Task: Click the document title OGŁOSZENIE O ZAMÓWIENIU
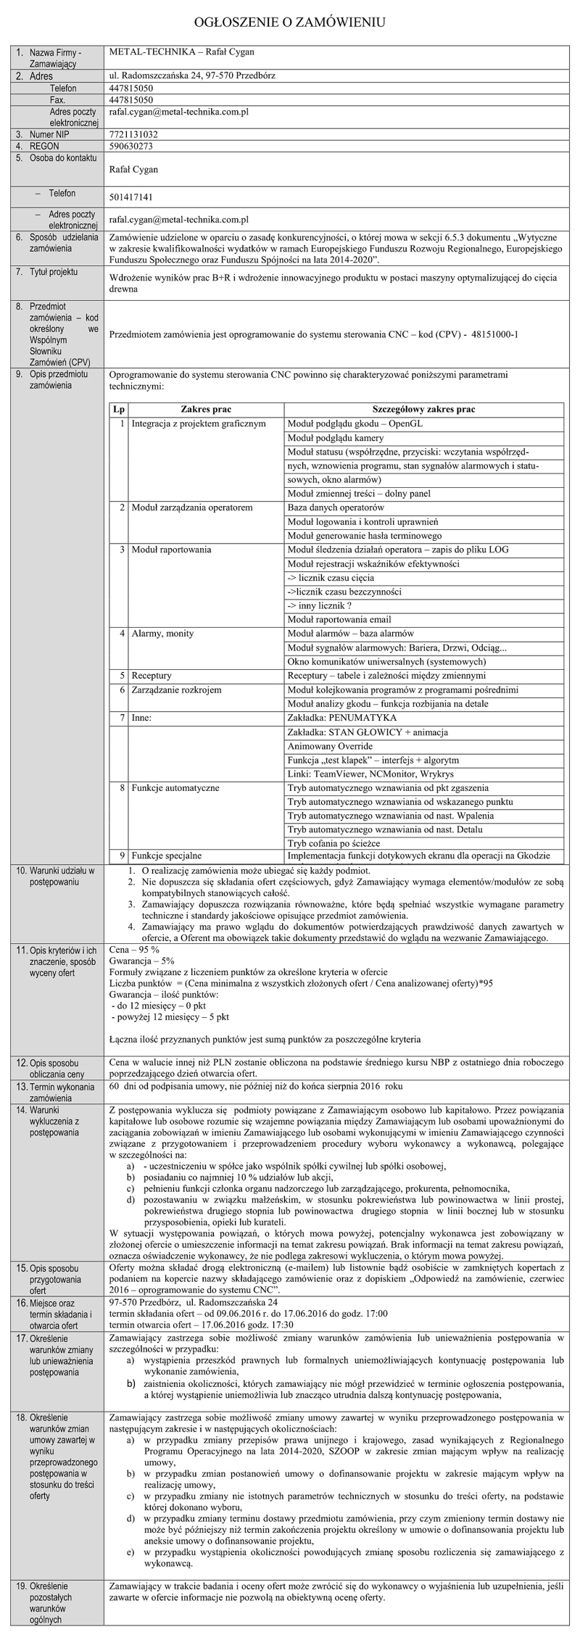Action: (x=289, y=22)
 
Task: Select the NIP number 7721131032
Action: (x=133, y=135)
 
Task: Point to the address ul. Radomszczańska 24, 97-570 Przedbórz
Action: (x=191, y=75)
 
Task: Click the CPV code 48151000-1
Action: (x=495, y=334)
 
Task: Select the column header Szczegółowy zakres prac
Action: (x=423, y=410)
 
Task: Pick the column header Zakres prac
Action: (x=206, y=410)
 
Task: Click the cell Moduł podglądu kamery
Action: (x=335, y=438)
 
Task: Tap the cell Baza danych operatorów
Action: (x=335, y=508)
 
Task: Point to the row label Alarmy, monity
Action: (x=162, y=633)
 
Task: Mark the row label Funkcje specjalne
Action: (x=166, y=856)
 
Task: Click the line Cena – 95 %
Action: (x=128, y=949)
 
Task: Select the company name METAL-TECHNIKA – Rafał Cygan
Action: (x=181, y=52)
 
